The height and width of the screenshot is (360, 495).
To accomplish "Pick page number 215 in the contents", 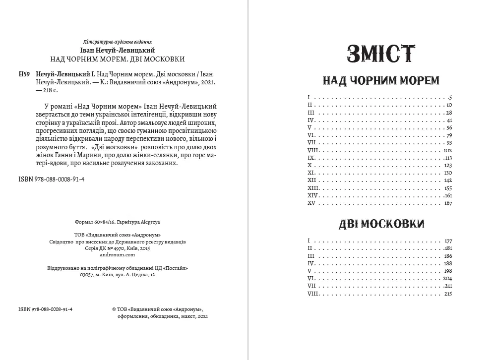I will click(448, 294).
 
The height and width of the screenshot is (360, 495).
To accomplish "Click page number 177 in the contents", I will click(448, 240).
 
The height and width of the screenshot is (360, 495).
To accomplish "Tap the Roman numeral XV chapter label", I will click(311, 203).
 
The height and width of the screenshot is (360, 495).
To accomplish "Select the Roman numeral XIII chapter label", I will click(312, 188).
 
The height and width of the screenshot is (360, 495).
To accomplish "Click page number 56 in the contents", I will click(449, 127).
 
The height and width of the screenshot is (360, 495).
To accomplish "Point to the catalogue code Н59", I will click(24, 74).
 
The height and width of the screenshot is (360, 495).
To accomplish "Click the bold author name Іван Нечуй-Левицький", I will click(117, 50).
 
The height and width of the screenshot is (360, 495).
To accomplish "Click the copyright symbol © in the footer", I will click(115, 308).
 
